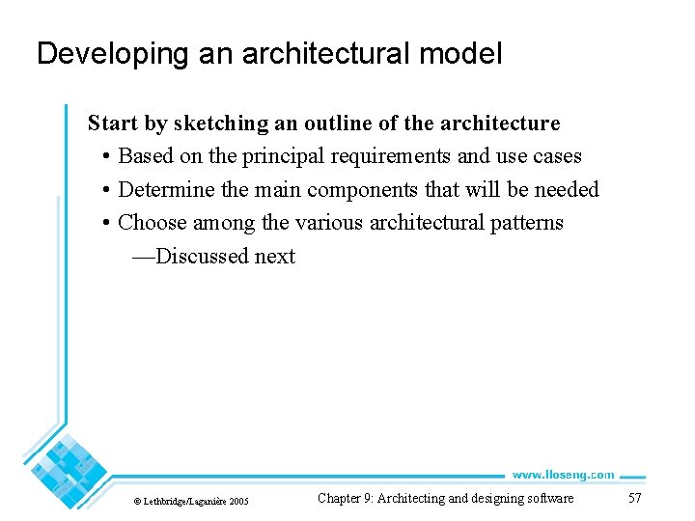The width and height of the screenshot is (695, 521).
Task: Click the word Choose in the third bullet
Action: click(152, 223)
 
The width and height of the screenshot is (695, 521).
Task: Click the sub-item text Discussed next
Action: click(224, 257)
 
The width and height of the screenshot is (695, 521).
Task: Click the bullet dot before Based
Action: click(104, 157)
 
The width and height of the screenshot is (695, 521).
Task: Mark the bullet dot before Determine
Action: click(104, 190)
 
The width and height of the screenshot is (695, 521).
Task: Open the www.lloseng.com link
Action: click(563, 475)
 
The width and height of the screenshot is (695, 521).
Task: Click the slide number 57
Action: click(634, 498)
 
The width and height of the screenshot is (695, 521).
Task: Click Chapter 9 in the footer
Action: click(345, 498)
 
